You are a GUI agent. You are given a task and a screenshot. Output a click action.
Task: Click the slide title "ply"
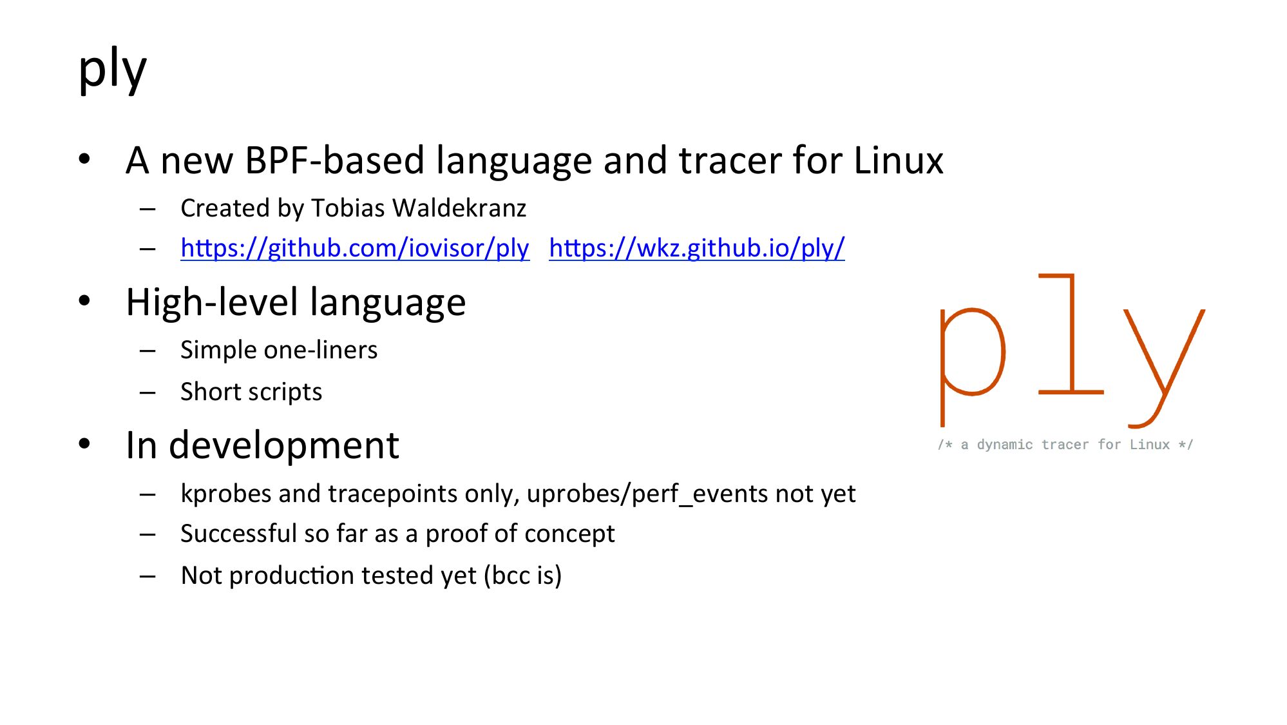click(113, 70)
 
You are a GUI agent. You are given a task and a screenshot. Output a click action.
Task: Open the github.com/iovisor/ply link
click(355, 248)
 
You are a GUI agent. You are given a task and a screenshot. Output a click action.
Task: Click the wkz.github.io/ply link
click(697, 248)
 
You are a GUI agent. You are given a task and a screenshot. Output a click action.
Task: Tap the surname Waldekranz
click(459, 208)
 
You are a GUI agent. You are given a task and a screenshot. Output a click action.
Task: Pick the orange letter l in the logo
click(1071, 334)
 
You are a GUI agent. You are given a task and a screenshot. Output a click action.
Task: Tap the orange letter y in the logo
click(1164, 368)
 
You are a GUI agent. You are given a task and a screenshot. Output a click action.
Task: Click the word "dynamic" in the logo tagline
click(1004, 445)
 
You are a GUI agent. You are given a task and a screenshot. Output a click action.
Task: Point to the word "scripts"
click(285, 392)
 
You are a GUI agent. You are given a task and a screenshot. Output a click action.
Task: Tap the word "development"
click(283, 446)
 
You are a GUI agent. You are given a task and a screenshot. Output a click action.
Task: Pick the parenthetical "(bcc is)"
click(522, 575)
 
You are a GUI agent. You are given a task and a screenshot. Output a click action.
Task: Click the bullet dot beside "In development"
click(84, 443)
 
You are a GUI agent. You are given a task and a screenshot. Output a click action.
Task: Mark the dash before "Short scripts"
click(148, 392)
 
